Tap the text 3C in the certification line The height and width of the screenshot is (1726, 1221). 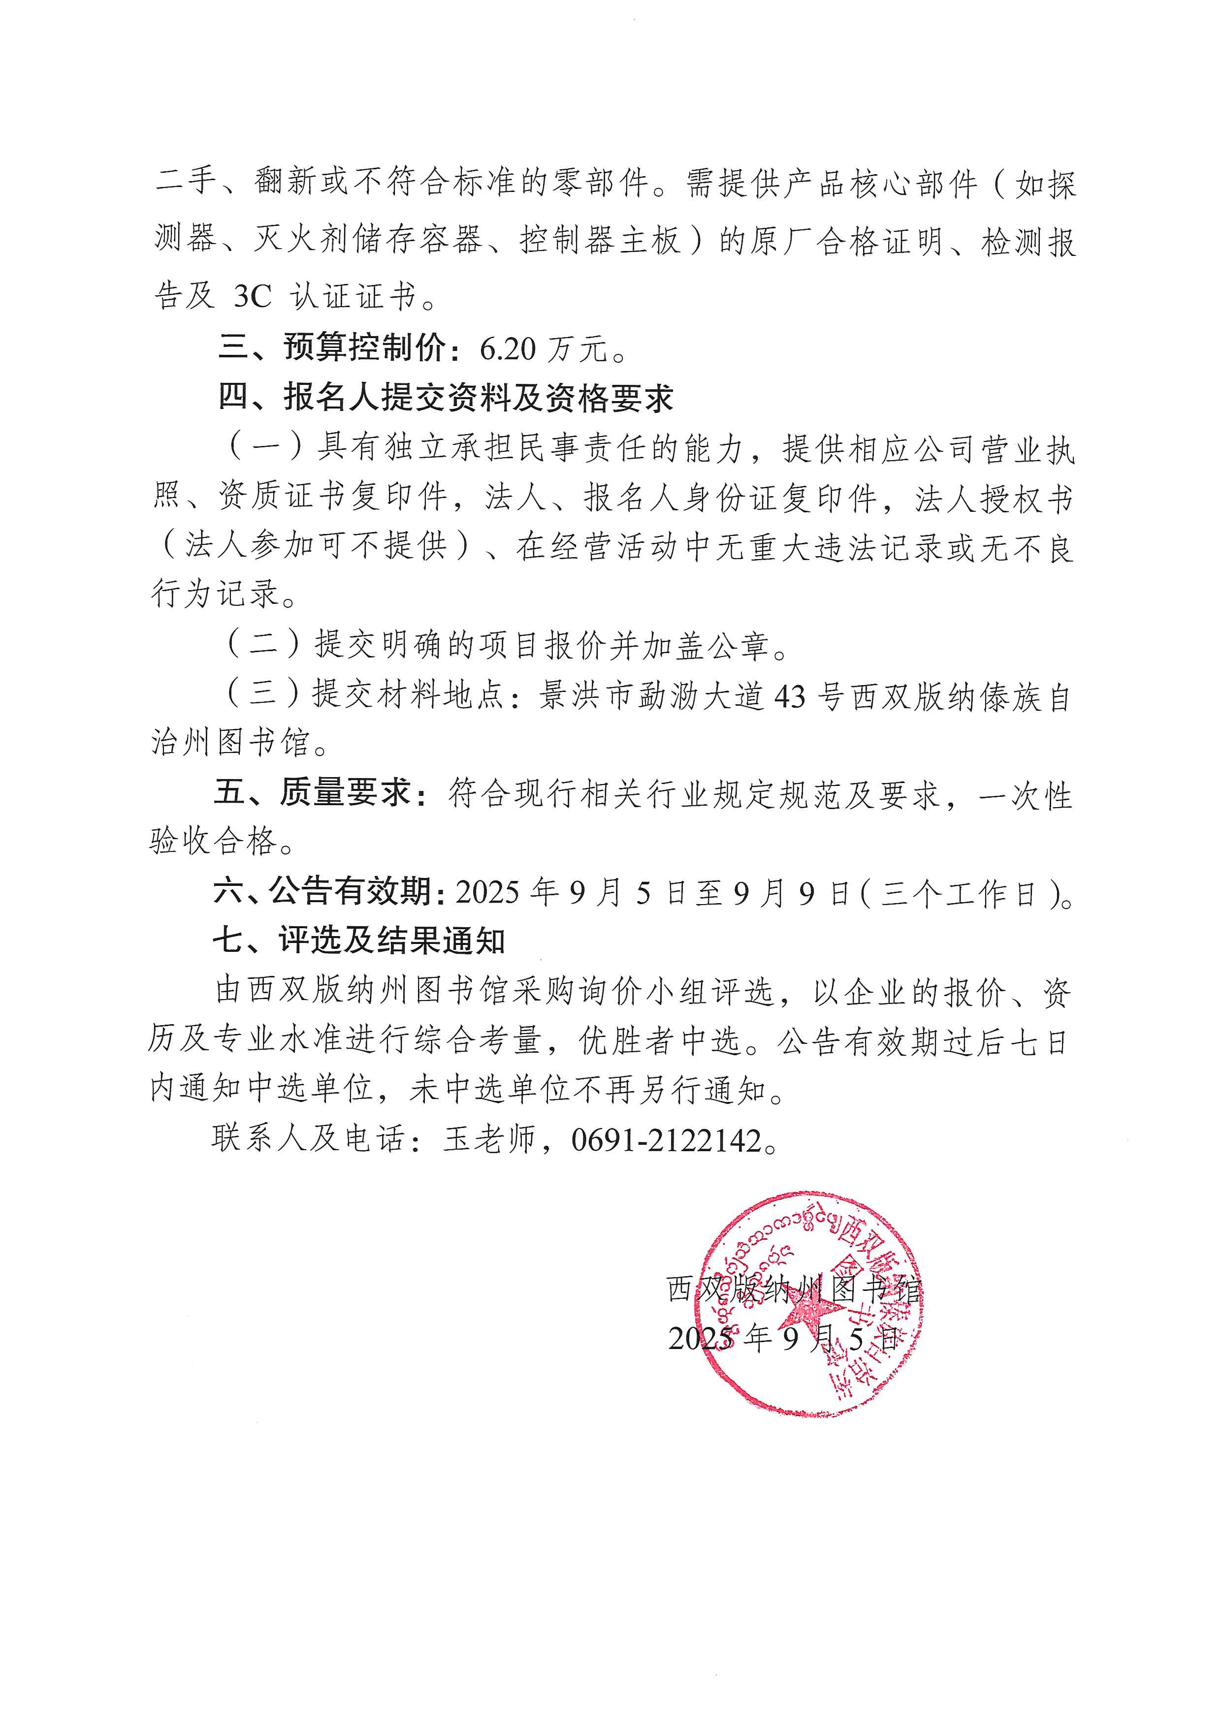tap(252, 296)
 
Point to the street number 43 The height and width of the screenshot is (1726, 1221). tap(789, 697)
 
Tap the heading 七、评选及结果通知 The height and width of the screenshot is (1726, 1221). tap(358, 941)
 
